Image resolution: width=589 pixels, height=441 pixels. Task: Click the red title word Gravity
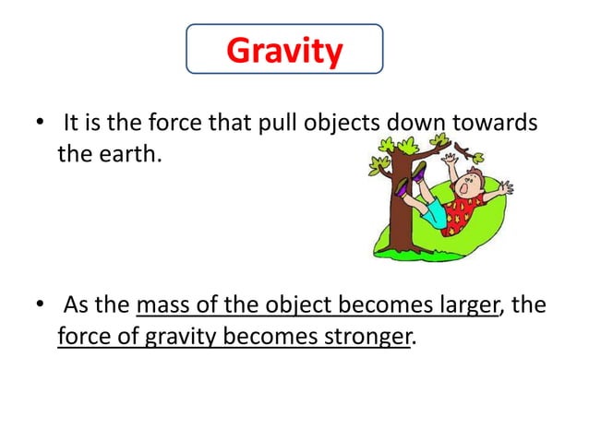[283, 51]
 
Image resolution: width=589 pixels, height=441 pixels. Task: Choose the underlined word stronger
[363, 336]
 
